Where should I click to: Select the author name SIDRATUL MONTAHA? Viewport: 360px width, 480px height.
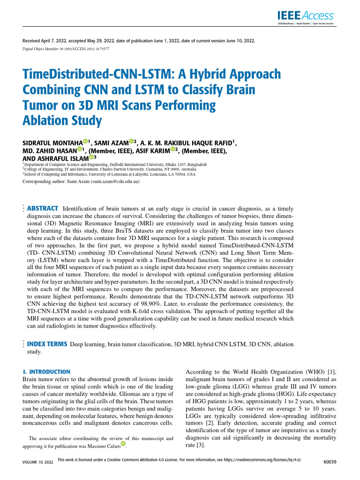point(52,142)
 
